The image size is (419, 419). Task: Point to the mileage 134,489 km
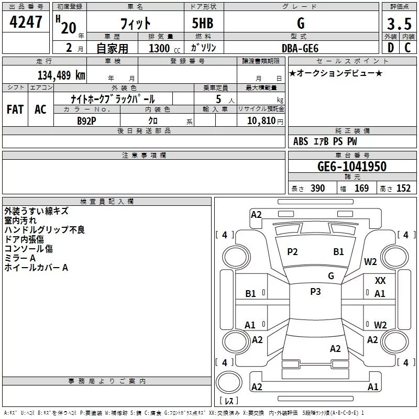(61, 75)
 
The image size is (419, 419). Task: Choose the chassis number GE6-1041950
(352, 167)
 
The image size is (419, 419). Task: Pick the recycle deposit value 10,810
(260, 120)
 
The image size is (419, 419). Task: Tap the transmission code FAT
(15, 109)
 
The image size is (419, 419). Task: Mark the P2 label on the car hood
(292, 252)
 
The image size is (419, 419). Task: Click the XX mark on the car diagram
(380, 281)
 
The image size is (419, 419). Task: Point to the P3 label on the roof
(315, 292)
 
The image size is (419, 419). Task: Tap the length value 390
(318, 189)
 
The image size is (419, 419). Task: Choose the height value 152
(403, 189)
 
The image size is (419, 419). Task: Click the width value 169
(362, 189)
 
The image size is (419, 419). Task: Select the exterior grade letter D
(390, 48)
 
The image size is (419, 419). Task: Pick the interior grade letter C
(408, 48)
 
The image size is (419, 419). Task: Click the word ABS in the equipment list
(301, 141)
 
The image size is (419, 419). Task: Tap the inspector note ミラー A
(20, 258)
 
